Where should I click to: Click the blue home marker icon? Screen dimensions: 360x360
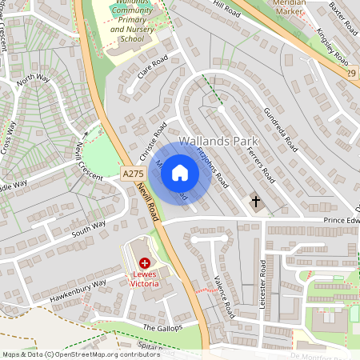180,173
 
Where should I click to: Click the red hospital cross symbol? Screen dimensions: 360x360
144,262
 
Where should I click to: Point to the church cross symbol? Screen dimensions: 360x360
257,202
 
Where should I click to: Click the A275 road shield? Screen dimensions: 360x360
132,173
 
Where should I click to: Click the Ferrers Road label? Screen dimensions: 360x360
261,165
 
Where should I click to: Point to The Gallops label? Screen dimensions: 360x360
162,327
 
